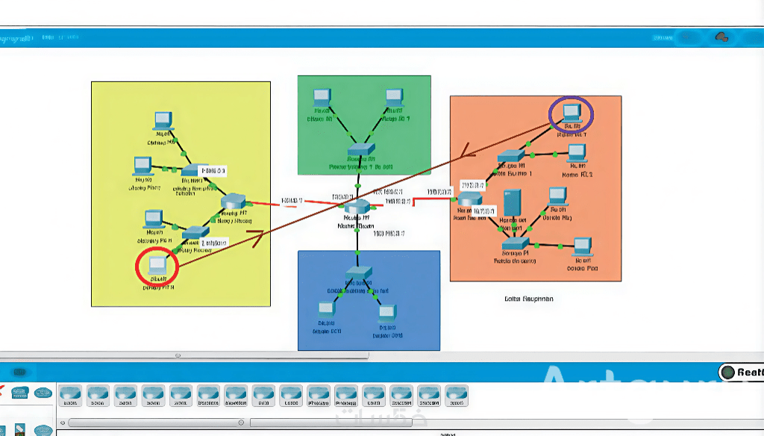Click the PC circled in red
pyautogui.click(x=157, y=265)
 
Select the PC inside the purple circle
pyautogui.click(x=571, y=112)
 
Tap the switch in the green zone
pyautogui.click(x=360, y=149)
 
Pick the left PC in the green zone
pyautogui.click(x=321, y=97)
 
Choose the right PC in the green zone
pyautogui.click(x=394, y=97)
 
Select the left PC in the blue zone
pyautogui.click(x=325, y=309)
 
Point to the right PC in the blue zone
pyautogui.click(x=386, y=313)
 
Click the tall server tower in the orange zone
pyautogui.click(x=512, y=203)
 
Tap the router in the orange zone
pyautogui.click(x=470, y=199)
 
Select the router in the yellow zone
pyautogui.click(x=234, y=201)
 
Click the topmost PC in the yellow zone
pyautogui.click(x=163, y=119)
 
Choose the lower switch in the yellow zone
pyautogui.click(x=195, y=231)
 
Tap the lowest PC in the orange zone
pyautogui.click(x=581, y=246)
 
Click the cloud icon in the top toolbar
pyautogui.click(x=721, y=37)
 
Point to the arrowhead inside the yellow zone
pyautogui.click(x=257, y=237)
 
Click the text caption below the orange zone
pyautogui.click(x=529, y=299)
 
